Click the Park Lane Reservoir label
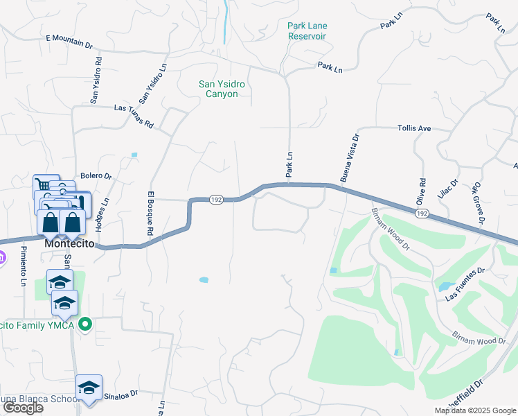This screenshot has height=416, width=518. pyautogui.click(x=307, y=31)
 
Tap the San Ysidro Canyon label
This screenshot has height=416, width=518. pyautogui.click(x=222, y=89)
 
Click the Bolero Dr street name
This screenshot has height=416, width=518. pyautogui.click(x=96, y=176)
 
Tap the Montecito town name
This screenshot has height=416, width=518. pyautogui.click(x=69, y=244)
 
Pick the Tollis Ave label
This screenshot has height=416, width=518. pyautogui.click(x=414, y=128)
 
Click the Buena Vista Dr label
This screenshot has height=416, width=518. pyautogui.click(x=350, y=159)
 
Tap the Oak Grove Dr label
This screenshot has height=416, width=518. pyautogui.click(x=477, y=203)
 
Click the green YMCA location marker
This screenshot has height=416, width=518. pyautogui.click(x=85, y=324)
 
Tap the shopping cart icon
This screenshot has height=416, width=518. pyautogui.click(x=43, y=184)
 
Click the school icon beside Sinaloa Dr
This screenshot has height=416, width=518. pyautogui.click(x=89, y=388)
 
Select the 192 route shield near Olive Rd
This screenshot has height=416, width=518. pyautogui.click(x=422, y=214)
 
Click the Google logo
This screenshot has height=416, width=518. pyautogui.click(x=24, y=408)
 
